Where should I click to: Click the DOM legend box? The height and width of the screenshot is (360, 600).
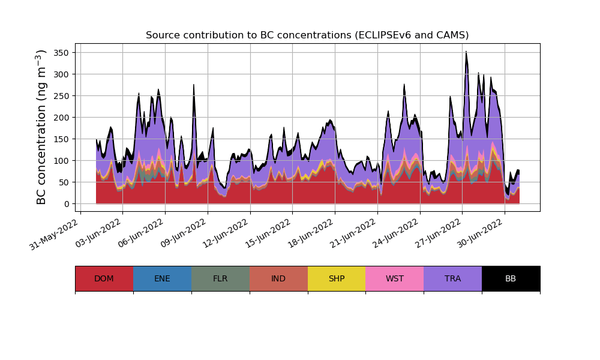(104, 278)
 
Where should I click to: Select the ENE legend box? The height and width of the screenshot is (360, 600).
(162, 278)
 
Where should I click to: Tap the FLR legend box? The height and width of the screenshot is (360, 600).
(220, 278)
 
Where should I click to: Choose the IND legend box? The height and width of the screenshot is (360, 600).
(278, 278)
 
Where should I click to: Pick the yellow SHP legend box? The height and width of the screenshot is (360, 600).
(337, 278)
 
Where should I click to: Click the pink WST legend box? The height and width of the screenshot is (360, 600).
(394, 278)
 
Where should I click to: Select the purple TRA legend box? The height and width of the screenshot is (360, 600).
(452, 278)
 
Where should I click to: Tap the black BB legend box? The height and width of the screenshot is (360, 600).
(511, 278)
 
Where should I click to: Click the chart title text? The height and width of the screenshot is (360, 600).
(307, 35)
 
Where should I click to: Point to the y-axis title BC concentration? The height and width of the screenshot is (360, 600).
(41, 127)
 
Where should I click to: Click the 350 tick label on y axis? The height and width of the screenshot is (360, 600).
(61, 53)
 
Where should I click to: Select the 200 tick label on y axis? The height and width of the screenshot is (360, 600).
(61, 118)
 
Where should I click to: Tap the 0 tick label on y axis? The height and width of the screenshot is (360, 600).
(66, 204)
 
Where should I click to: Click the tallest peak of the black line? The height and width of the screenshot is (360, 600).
(466, 52)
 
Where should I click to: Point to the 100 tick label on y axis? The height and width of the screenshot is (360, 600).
(61, 161)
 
